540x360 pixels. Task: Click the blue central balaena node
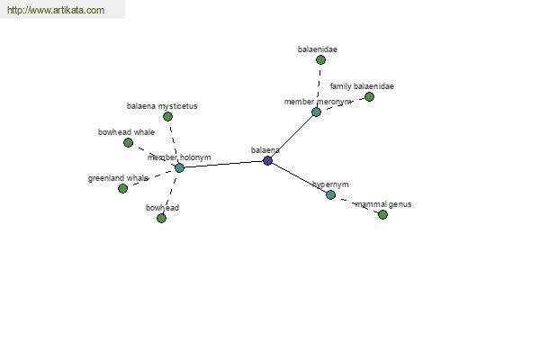tap(267, 160)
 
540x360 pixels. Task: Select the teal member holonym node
tap(179, 168)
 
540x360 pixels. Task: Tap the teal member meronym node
tap(316, 112)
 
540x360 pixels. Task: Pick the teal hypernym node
tap(330, 195)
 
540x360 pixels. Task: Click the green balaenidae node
tap(320, 60)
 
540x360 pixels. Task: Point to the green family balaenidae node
tap(369, 97)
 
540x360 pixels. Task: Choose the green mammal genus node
tap(382, 214)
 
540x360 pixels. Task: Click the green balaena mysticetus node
tap(167, 117)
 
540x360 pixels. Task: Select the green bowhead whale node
tap(128, 142)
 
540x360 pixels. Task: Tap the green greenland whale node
tap(122, 188)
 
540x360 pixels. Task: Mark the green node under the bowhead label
tap(161, 218)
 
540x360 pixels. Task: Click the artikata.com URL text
tap(56, 10)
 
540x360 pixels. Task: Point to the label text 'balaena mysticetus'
tap(162, 106)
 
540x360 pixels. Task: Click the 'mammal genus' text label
tap(383, 204)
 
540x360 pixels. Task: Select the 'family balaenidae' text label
tap(362, 86)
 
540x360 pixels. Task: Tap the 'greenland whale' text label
tap(118, 178)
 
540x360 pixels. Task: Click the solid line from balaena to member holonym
tap(223, 165)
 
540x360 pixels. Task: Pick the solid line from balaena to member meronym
tap(292, 136)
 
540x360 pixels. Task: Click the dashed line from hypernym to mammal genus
tap(356, 204)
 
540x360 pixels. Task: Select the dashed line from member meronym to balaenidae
tap(319, 85)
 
